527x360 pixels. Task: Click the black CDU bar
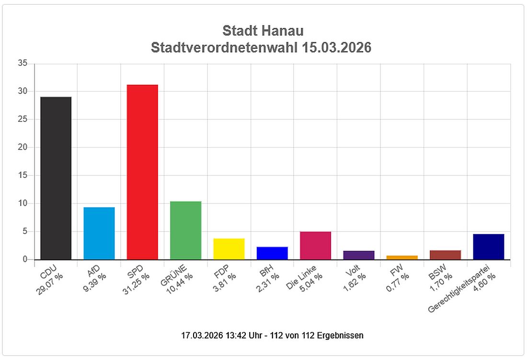tap(56, 178)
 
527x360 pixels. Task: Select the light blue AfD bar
tap(99, 233)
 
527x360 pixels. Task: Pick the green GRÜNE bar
tap(186, 230)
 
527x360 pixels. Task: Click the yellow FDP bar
tap(229, 249)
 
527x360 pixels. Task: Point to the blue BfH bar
tap(272, 253)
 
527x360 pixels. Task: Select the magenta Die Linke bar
tap(315, 245)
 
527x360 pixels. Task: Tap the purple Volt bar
tap(359, 255)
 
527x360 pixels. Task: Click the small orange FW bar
tap(402, 257)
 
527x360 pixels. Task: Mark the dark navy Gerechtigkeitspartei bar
tap(488, 247)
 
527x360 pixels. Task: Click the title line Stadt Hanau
tap(263, 31)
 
